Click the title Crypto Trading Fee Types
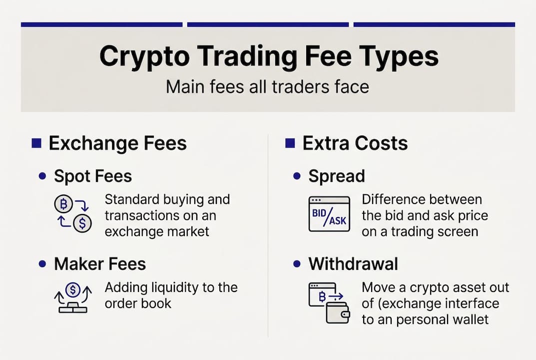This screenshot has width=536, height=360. pyautogui.click(x=268, y=56)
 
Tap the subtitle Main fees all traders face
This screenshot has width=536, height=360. pyautogui.click(x=268, y=86)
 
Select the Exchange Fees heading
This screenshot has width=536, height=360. pyautogui.click(x=117, y=143)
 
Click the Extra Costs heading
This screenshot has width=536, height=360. pyautogui.click(x=355, y=143)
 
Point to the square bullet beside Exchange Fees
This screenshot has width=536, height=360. pyautogui.click(x=36, y=144)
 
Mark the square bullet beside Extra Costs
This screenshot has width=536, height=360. pyautogui.click(x=290, y=144)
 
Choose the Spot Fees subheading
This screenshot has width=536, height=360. pyautogui.click(x=93, y=176)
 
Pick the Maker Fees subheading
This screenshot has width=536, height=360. pyautogui.click(x=100, y=263)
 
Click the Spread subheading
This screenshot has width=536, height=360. pyautogui.click(x=336, y=176)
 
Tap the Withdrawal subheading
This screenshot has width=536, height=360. pyautogui.click(x=353, y=263)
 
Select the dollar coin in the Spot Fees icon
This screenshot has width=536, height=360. pyautogui.click(x=82, y=223)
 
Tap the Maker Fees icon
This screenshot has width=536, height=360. pyautogui.click(x=73, y=298)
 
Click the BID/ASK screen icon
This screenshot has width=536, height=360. pyautogui.click(x=329, y=213)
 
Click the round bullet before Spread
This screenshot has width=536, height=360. pyautogui.click(x=297, y=176)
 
